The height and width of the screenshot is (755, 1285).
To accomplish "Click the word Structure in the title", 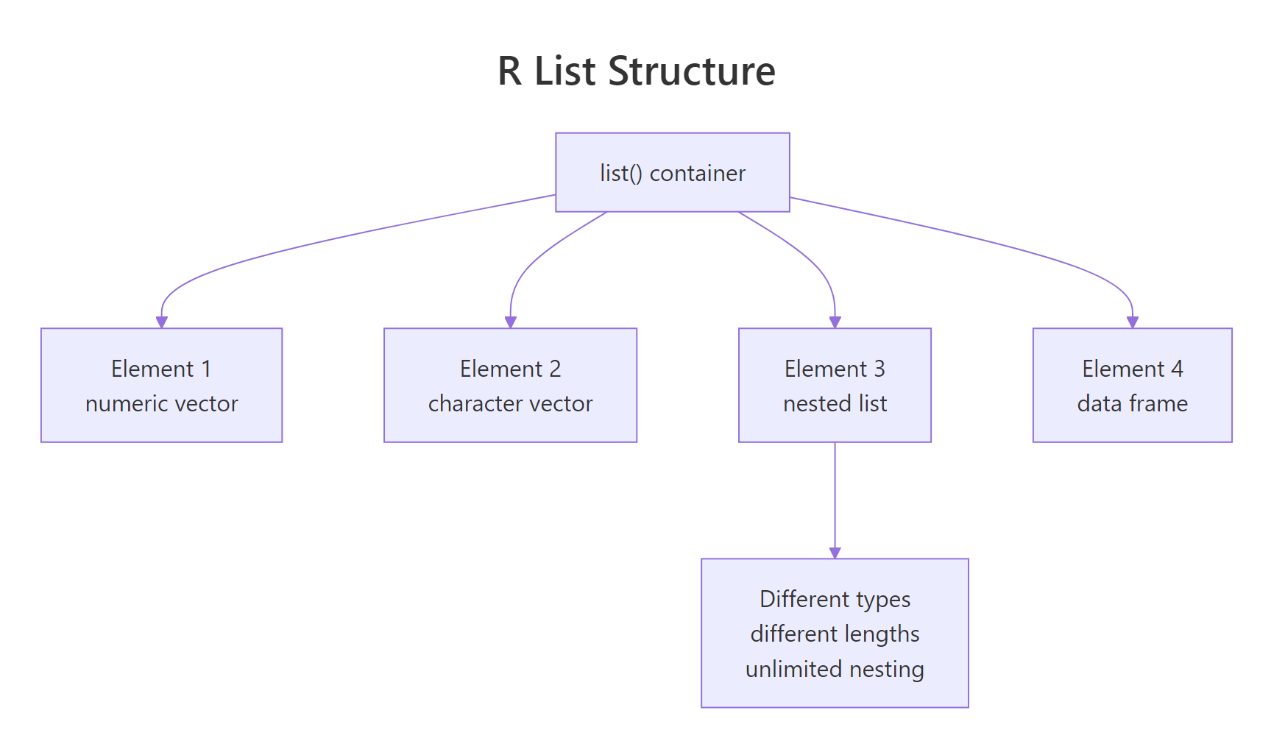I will click(692, 71).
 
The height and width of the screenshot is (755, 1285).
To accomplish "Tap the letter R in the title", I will click(509, 71).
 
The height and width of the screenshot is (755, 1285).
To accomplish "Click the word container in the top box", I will click(697, 174).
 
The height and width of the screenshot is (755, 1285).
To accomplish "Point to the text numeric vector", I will click(161, 404).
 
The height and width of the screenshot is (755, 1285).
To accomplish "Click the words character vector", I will click(510, 404).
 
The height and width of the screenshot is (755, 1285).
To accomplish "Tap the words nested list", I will click(835, 404).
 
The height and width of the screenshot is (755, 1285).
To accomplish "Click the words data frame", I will click(1132, 404).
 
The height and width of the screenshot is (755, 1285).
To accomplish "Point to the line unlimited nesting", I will click(835, 670).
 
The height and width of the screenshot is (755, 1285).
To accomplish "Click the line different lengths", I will click(835, 634).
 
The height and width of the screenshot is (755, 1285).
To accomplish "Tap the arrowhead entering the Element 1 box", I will click(162, 322).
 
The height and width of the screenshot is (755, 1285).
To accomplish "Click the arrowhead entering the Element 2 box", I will click(511, 322).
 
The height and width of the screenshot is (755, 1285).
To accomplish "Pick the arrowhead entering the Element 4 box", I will click(1133, 322).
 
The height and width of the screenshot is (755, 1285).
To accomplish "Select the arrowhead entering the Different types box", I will click(835, 553).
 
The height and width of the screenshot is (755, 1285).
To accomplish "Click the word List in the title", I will click(564, 71).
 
